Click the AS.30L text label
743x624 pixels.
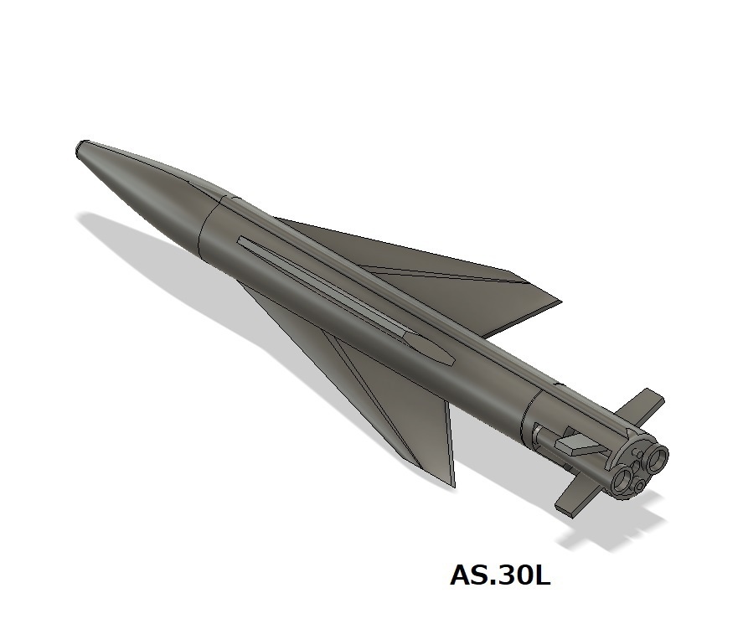click(500, 576)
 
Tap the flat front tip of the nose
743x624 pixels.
click(79, 151)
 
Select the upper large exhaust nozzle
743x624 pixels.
click(654, 457)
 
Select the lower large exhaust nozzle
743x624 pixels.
click(623, 479)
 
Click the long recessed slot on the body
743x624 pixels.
click(335, 293)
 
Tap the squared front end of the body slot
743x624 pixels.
click(241, 242)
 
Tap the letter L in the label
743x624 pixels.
click(540, 576)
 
